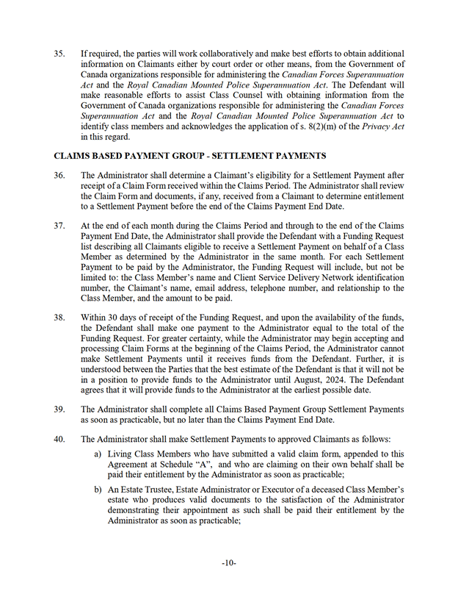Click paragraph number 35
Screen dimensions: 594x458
click(59, 54)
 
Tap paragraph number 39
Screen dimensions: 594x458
click(59, 409)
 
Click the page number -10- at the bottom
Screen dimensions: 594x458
click(229, 563)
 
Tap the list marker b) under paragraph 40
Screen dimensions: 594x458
click(98, 490)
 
